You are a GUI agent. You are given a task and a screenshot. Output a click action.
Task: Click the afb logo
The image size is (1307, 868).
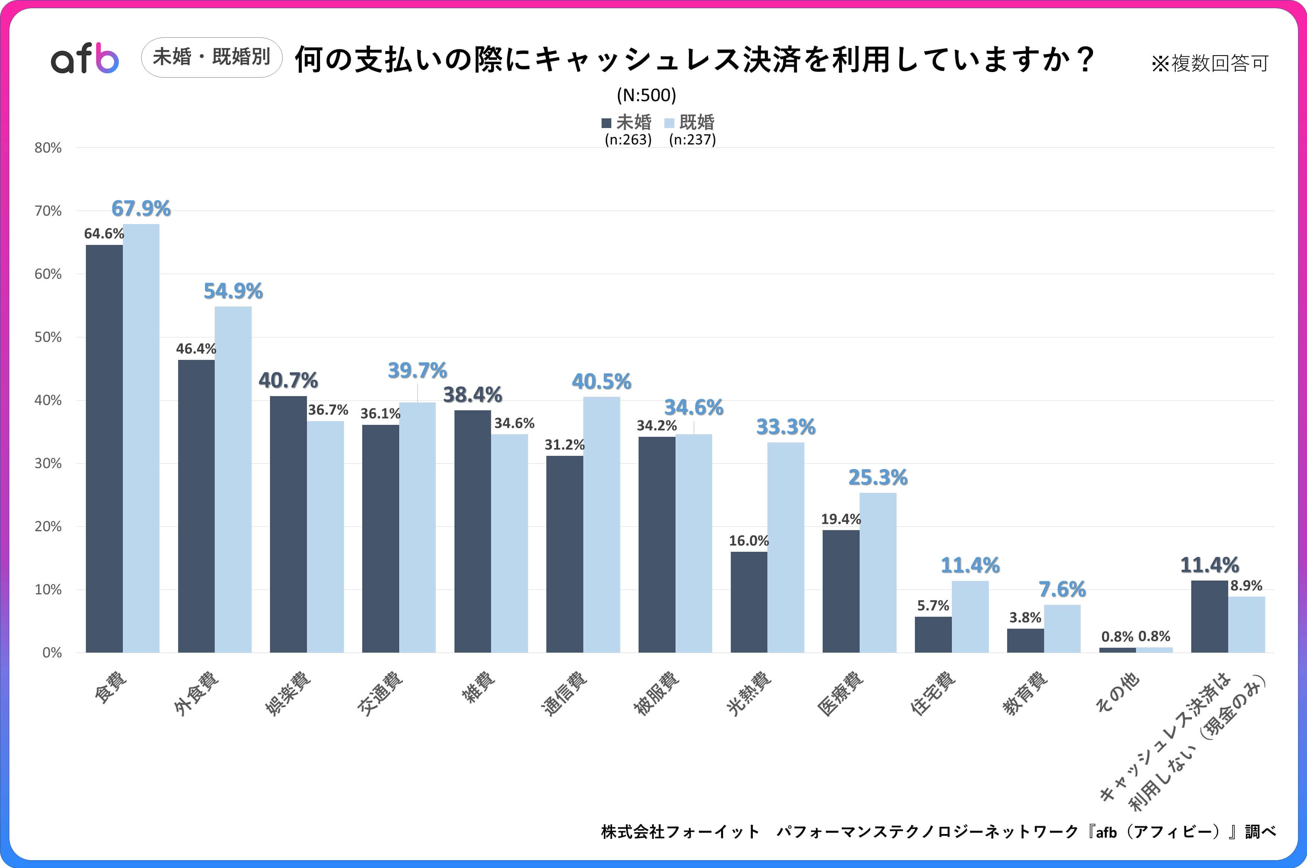(x=85, y=58)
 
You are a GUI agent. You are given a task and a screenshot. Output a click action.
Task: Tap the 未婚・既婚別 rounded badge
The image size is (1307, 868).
(x=211, y=57)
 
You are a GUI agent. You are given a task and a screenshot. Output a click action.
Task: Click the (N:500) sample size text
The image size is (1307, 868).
(x=646, y=95)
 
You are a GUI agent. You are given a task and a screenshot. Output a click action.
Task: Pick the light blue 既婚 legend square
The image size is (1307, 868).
(x=669, y=123)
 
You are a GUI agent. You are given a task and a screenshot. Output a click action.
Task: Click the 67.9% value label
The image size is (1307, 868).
(x=141, y=209)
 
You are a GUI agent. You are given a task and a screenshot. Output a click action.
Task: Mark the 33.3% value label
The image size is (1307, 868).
(x=786, y=427)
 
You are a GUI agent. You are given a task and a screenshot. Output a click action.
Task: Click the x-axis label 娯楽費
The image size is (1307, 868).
(x=288, y=693)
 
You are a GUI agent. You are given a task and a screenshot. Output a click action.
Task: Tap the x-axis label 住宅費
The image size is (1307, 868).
(x=933, y=693)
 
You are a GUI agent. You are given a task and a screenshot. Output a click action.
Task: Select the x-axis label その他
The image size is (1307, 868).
(x=1117, y=691)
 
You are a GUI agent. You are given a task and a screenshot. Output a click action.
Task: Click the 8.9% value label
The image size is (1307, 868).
(x=1246, y=586)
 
